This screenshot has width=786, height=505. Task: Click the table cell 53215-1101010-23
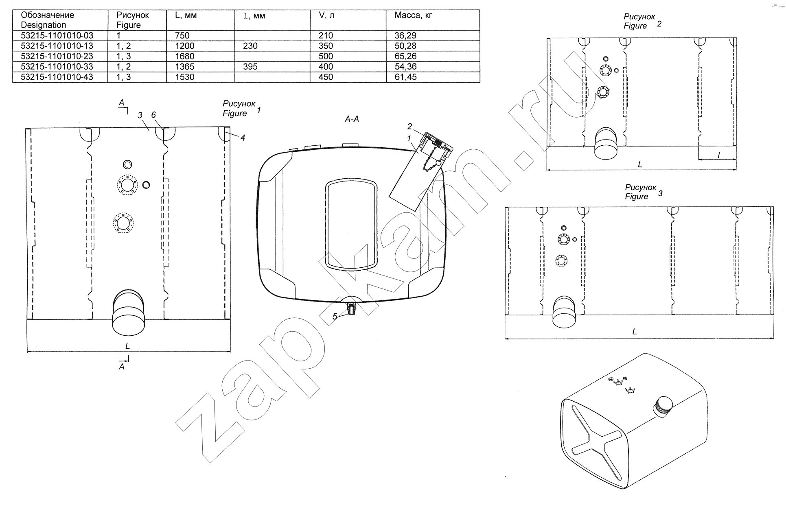(x=57, y=56)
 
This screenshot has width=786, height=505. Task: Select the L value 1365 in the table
(x=185, y=67)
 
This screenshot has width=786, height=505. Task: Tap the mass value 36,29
(x=405, y=35)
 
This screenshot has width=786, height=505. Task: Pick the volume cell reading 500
(x=326, y=56)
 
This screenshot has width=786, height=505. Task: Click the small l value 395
(x=250, y=67)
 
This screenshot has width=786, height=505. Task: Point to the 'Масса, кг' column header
(x=413, y=15)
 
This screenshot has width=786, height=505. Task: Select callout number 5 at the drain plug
(x=335, y=317)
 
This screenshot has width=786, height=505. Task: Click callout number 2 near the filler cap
(x=410, y=127)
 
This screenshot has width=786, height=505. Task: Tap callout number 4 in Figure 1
(x=243, y=138)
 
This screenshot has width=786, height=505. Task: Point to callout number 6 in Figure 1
(x=153, y=115)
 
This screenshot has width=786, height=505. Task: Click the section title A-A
(x=352, y=119)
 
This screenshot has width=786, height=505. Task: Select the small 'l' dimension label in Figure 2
(x=718, y=155)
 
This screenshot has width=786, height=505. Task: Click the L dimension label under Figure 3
(x=634, y=332)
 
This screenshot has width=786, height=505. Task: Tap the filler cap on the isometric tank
(x=662, y=406)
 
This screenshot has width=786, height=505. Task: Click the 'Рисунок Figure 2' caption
(x=642, y=21)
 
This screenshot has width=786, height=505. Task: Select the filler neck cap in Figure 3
(x=564, y=311)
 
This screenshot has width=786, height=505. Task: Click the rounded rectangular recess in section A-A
(x=351, y=225)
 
